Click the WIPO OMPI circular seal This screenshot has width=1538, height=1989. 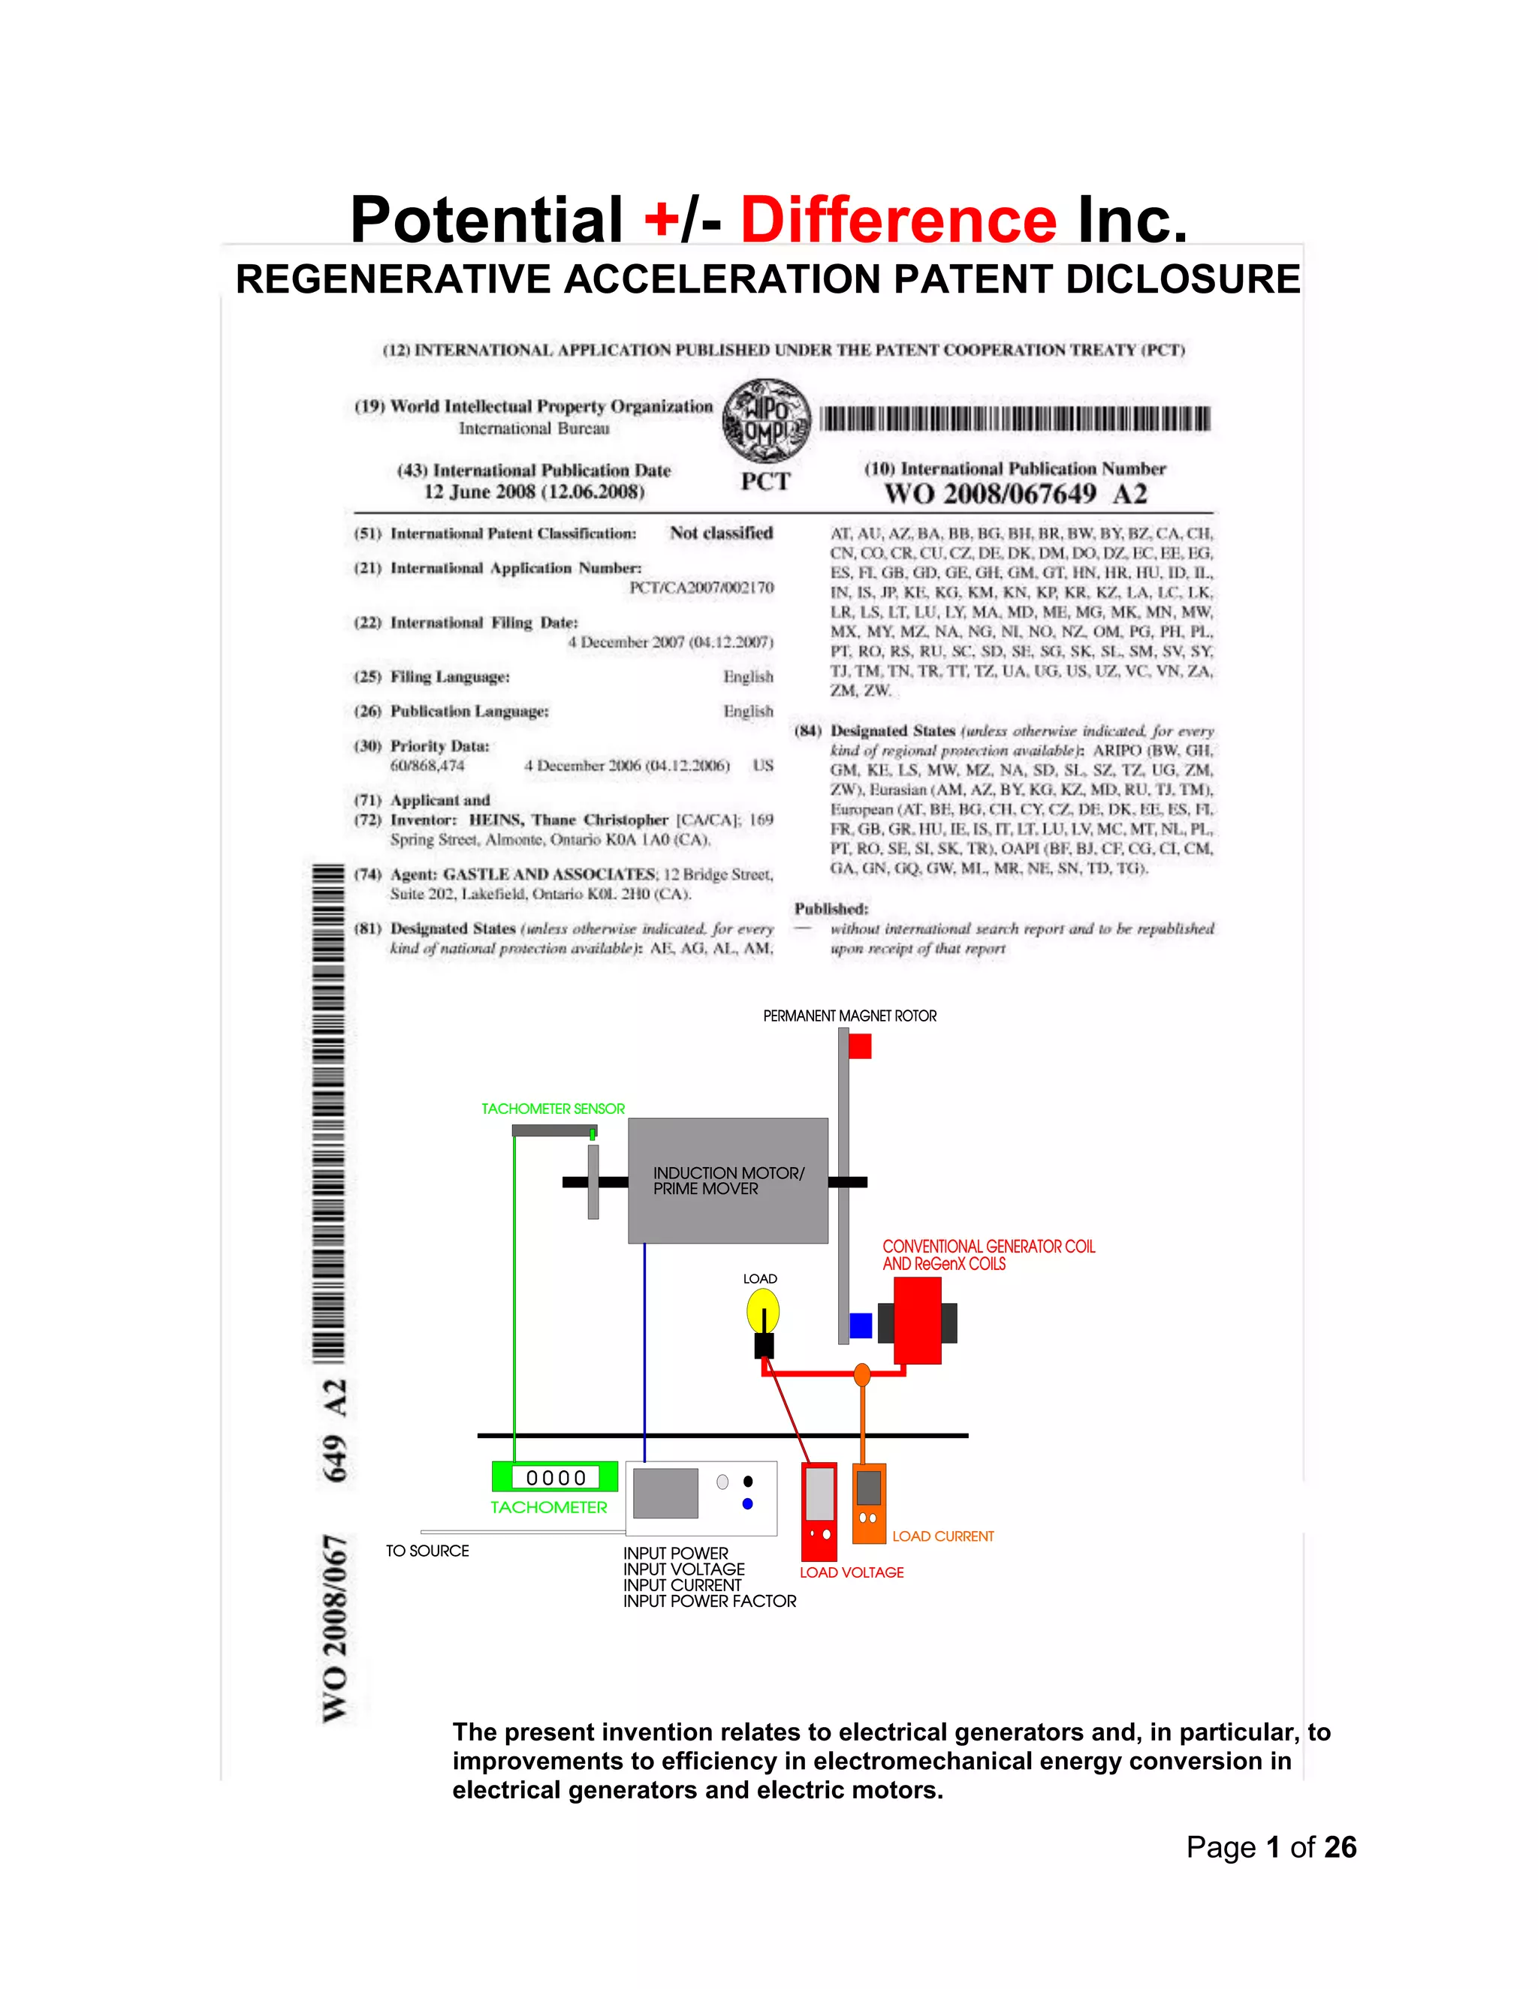click(766, 420)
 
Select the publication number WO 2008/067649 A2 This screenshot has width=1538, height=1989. click(1015, 495)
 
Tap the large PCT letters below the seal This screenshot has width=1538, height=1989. click(765, 482)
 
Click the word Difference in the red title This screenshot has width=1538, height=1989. click(898, 221)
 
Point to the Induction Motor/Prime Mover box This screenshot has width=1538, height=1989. click(727, 1181)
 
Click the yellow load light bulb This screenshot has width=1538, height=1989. click(763, 1312)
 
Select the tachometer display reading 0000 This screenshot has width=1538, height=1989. click(555, 1477)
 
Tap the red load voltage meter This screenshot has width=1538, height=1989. click(819, 1512)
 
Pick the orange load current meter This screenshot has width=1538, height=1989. click(868, 1503)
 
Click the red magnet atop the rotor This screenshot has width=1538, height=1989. click(859, 1046)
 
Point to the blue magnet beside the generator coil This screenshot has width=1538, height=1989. click(860, 1325)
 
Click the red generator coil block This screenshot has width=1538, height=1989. click(918, 1319)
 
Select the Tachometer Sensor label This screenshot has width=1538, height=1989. click(553, 1109)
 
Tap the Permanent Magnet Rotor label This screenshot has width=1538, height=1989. click(849, 1016)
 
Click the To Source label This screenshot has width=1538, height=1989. click(427, 1550)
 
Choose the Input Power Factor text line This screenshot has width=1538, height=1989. click(709, 1601)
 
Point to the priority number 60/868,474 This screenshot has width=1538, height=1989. click(427, 766)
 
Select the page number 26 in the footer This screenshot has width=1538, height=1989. click(1340, 1847)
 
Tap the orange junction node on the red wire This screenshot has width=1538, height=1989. click(862, 1374)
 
